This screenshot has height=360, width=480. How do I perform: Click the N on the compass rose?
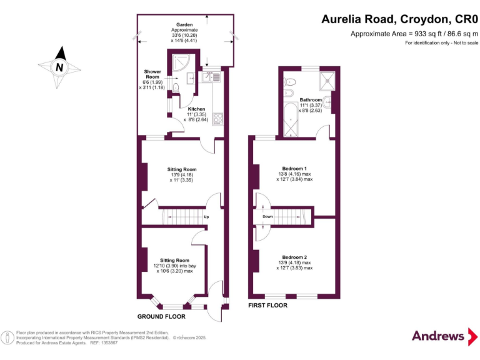click(59, 67)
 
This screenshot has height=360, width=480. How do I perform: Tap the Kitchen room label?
click(197, 109)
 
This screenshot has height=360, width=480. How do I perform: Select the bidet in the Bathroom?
click(289, 94)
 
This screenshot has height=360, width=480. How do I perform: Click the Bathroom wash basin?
click(327, 103)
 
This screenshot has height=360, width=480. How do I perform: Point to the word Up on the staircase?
click(206, 217)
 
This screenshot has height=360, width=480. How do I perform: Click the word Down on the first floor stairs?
click(267, 217)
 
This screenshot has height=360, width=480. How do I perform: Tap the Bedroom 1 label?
click(294, 169)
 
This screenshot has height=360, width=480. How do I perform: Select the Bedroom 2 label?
click(294, 257)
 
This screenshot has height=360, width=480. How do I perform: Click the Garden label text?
click(184, 24)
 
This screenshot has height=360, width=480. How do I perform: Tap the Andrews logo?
click(439, 335)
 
